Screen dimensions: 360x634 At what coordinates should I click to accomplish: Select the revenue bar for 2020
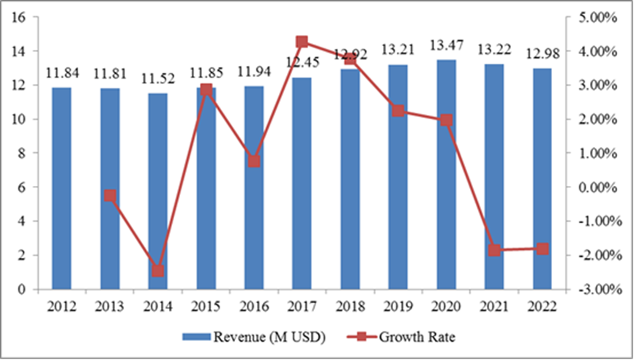(x=447, y=175)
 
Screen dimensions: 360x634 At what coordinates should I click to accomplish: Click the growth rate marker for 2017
(x=302, y=42)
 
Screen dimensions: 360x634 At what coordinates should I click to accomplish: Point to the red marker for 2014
(x=158, y=271)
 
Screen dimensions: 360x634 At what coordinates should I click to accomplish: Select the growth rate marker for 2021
(x=494, y=250)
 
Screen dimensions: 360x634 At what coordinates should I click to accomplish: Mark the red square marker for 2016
(x=254, y=161)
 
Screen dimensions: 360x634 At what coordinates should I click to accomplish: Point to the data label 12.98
(x=542, y=56)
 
